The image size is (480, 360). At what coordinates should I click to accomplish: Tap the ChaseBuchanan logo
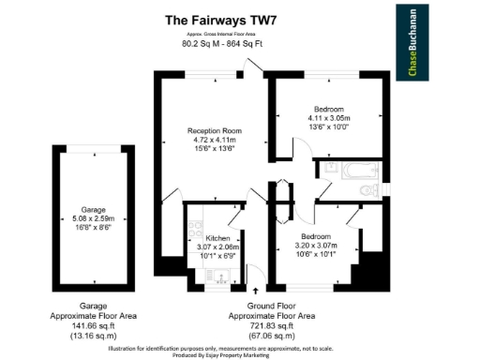pyautogui.click(x=411, y=43)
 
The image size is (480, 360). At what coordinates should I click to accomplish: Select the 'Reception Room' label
pyautogui.click(x=215, y=130)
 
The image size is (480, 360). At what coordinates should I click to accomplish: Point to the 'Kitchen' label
pyautogui.click(x=217, y=238)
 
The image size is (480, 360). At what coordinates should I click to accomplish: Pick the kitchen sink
pyautogui.click(x=218, y=275)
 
